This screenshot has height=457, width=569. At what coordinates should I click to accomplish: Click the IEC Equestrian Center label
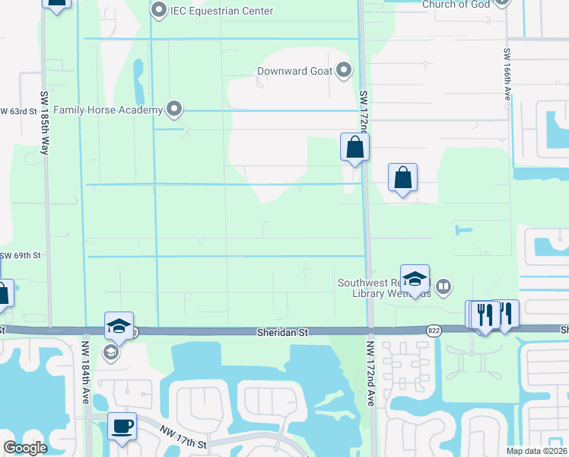[x=221, y=11]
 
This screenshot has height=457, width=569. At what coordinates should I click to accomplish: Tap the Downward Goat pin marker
[x=344, y=71]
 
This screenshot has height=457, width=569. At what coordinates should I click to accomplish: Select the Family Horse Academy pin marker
[x=175, y=110]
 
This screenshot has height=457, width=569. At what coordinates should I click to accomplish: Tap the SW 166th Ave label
[x=507, y=74]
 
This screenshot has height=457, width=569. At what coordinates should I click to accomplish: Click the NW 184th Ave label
[x=85, y=372]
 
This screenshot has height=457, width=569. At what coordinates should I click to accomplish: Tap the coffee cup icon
[x=122, y=426]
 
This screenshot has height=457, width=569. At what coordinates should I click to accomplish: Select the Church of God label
[x=456, y=5]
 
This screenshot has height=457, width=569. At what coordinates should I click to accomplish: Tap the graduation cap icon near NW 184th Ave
[x=119, y=326]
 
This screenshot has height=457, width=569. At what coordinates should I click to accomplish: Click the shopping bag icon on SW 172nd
[x=354, y=146]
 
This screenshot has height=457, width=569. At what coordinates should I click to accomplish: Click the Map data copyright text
[x=537, y=451]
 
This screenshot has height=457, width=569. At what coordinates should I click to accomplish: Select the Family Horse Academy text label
[x=109, y=110]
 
